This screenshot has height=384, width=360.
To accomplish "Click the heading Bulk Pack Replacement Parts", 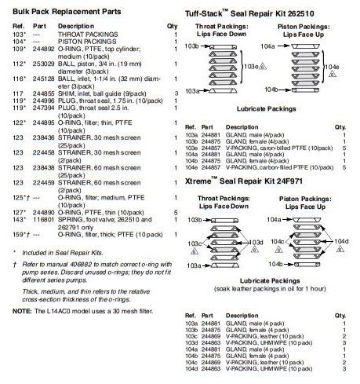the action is pos(67,12).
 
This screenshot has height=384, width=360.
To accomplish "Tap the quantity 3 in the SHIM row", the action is pos(176,93).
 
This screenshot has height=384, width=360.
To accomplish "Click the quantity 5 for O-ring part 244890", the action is pos(176,213).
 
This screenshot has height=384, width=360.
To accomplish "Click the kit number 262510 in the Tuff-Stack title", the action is pos(300,13).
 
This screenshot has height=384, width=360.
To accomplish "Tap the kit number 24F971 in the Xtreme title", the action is pos(289,181).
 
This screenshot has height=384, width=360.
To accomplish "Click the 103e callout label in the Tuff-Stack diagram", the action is pos(251,67).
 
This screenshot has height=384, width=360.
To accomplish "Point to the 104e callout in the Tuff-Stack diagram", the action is pos(332,67).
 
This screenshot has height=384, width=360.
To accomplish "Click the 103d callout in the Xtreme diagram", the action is pos(256,243).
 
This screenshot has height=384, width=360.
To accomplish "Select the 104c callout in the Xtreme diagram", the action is pos(278,241).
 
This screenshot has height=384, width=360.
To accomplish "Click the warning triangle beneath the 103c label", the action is pos(195,251).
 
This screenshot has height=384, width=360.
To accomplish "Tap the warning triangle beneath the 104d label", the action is pos(340,249).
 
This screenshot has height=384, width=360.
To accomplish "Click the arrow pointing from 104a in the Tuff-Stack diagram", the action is pos(284,46).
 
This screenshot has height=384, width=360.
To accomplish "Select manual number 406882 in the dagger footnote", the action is pos(79,265).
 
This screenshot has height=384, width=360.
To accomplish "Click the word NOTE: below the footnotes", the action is pos(22,311).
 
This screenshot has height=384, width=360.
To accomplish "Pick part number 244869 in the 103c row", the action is pos(211,336).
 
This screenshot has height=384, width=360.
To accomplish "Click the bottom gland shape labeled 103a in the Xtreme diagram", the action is pos(225,265).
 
